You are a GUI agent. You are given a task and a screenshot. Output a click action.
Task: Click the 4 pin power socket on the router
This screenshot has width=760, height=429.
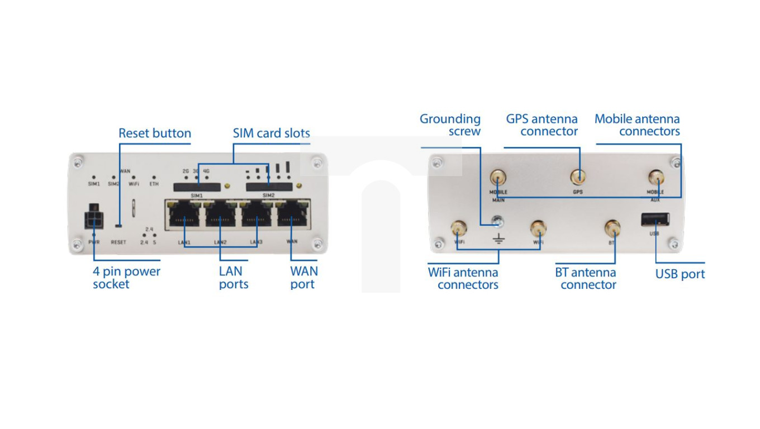[93, 218]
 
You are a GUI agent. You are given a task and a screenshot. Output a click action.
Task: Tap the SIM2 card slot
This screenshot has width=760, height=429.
[269, 187]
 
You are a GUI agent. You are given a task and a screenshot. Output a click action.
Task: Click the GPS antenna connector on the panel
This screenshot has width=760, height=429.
[578, 178]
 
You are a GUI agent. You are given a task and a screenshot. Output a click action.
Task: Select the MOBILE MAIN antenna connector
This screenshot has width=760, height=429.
[498, 178]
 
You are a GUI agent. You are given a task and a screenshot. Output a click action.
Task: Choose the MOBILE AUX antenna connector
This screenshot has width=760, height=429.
[655, 178]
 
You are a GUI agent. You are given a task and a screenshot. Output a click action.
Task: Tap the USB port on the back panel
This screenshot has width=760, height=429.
[655, 219]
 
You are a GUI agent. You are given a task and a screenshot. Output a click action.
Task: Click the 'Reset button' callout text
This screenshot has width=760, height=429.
[155, 134]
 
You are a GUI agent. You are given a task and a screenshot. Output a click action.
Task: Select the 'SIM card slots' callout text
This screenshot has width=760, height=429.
[271, 134]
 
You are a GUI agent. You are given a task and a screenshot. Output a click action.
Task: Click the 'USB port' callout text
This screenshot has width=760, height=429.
[680, 274]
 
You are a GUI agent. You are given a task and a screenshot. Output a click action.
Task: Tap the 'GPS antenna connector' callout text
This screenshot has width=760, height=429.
[541, 125]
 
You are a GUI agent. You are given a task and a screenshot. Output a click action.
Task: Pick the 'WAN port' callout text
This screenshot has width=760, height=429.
[303, 278]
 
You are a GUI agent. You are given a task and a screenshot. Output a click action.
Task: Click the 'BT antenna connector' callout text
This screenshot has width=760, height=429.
[586, 279]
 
